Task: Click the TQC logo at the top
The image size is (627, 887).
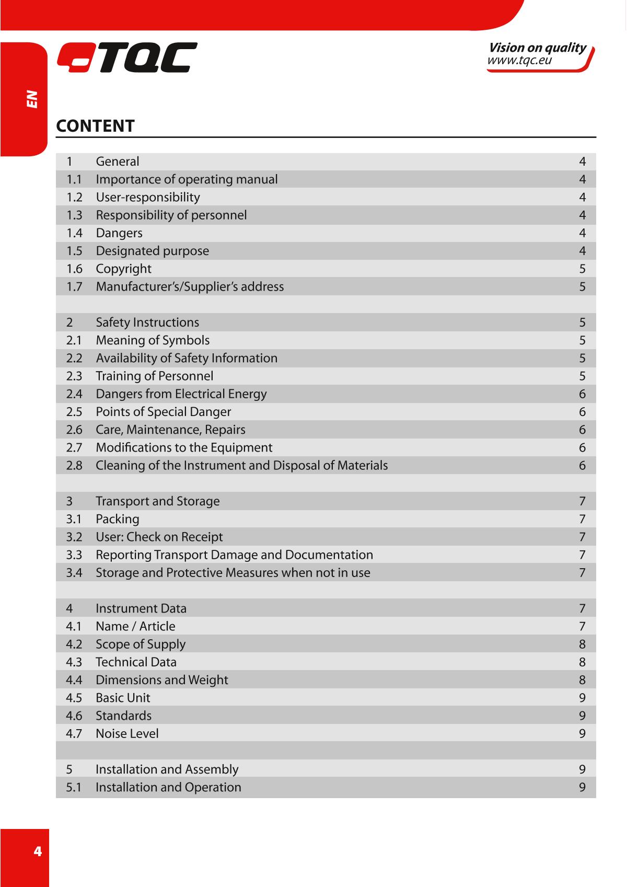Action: click(127, 57)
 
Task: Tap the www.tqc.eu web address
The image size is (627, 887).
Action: click(519, 61)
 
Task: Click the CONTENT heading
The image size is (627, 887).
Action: click(95, 126)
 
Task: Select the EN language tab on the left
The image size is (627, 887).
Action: click(32, 99)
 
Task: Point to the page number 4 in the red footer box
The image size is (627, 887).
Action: click(37, 851)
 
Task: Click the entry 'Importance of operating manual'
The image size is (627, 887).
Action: click(187, 179)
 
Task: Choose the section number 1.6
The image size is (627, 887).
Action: click(74, 269)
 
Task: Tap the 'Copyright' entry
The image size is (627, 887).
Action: click(123, 269)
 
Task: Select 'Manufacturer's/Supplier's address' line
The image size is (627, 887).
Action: click(190, 286)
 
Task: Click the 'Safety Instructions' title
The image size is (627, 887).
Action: click(147, 322)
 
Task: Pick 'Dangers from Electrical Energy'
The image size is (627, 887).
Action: click(181, 394)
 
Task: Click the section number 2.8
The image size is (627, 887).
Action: click(74, 465)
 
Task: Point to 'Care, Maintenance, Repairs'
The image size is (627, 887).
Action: click(170, 430)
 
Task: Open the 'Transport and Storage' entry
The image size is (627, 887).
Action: click(157, 501)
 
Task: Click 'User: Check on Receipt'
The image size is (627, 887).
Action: click(159, 537)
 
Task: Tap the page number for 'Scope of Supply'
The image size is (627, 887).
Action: click(582, 644)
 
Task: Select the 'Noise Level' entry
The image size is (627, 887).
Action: click(127, 733)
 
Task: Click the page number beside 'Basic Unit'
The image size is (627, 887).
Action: click(582, 698)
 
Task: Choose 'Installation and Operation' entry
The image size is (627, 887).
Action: click(168, 787)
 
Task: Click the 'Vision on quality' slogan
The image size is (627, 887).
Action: click(537, 48)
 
